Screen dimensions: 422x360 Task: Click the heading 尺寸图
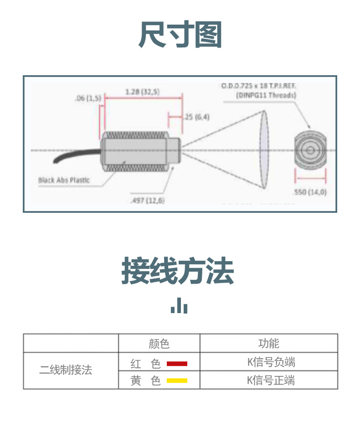(180, 35)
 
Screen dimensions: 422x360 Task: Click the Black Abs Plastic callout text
(64, 180)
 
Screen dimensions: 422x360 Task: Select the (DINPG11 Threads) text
(266, 95)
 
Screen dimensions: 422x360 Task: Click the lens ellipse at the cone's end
(264, 150)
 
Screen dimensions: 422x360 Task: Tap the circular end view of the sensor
(311, 150)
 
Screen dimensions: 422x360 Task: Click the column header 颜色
(159, 343)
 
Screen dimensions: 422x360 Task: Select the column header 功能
(269, 343)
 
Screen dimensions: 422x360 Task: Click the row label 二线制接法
(66, 370)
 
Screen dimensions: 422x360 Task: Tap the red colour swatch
(177, 363)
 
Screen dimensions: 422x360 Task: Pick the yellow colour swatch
(177, 381)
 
